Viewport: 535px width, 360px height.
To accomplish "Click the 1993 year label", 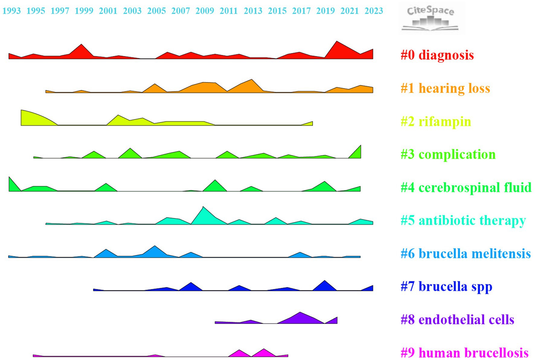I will (11, 11).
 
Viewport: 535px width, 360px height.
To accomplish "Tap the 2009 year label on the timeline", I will (205, 11).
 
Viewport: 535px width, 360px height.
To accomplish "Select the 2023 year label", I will (374, 11).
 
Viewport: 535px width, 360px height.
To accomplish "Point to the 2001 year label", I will (108, 11).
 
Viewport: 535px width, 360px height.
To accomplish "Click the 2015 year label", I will (277, 11).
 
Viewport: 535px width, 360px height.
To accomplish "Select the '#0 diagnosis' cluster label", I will (437, 55).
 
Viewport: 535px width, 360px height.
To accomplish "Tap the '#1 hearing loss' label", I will (445, 88).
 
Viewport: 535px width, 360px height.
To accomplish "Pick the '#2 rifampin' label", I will (436, 121).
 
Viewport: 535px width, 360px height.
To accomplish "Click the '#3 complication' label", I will (448, 154).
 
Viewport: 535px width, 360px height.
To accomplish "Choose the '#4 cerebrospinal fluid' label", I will (466, 187).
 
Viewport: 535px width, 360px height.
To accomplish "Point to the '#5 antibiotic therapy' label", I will (463, 220).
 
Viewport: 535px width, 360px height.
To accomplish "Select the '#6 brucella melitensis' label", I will (466, 254).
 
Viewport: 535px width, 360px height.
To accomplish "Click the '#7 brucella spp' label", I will (446, 287).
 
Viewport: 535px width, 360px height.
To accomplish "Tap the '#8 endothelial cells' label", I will (457, 320).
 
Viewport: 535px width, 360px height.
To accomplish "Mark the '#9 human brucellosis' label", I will (464, 353).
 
